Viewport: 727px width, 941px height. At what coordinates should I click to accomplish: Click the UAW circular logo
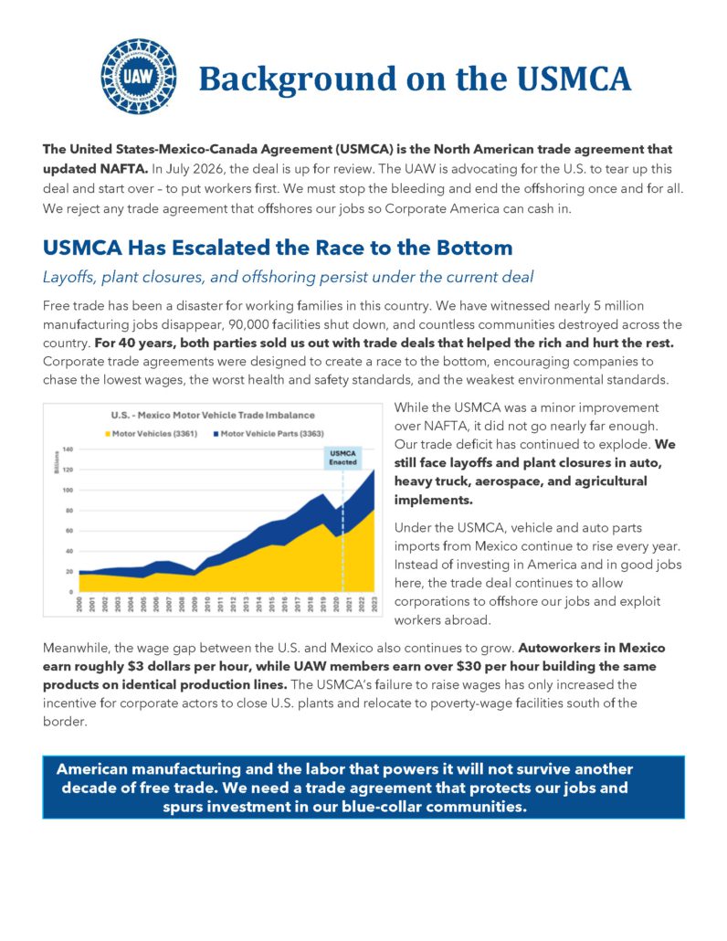tap(138, 78)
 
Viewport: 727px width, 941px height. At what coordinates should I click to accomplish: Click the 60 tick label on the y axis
tap(69, 531)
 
